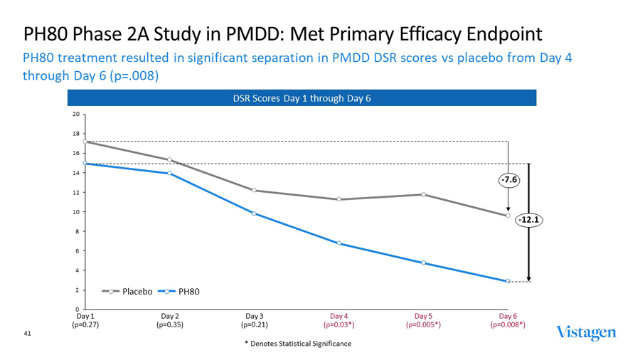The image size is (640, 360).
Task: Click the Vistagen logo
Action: coord(586,333)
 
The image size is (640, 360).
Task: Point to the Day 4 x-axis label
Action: coord(338,315)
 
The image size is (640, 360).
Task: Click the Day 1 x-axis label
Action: coord(85,315)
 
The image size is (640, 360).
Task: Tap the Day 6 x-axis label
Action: coord(508,315)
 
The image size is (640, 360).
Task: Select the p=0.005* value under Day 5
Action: coord(423,324)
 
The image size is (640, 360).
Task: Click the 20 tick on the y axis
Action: coord(75,114)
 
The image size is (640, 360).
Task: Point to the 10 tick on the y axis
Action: coord(75,212)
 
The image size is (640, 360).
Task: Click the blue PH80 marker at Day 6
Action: coord(508,281)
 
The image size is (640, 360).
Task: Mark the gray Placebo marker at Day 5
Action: coord(423,194)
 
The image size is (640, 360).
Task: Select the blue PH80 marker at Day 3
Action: coord(254,213)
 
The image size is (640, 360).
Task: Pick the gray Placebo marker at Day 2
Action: coord(169,159)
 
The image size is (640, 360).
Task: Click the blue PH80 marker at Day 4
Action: coord(338,243)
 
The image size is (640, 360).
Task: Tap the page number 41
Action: coord(28,333)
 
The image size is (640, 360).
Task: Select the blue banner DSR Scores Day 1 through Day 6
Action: coord(302,97)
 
